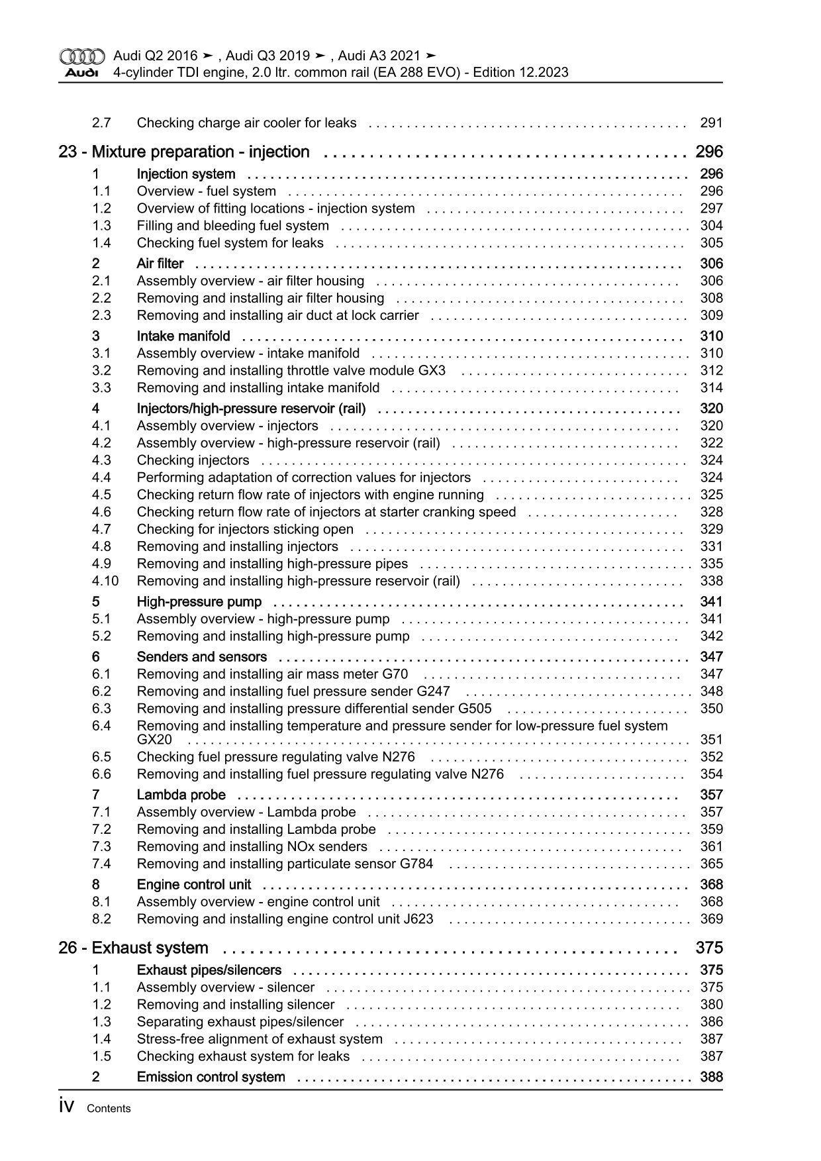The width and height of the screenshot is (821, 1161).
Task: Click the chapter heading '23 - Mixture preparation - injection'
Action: point(183,152)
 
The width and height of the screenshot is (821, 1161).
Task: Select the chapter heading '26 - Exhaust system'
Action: point(133,948)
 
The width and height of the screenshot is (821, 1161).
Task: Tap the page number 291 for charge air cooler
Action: point(711,123)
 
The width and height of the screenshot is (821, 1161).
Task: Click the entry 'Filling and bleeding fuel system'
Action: point(232,226)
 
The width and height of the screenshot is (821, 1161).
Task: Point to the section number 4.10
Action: point(105,581)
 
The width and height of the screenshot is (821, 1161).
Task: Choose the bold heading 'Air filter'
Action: point(160,264)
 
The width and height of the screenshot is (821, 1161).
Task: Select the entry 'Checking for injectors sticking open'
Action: point(245,530)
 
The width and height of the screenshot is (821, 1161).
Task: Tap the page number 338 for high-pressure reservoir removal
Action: point(711,581)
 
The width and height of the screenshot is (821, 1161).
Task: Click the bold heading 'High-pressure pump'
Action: point(199,602)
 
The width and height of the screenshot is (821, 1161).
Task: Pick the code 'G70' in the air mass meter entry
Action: point(395,675)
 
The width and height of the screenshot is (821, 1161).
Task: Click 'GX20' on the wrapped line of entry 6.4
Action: point(154,740)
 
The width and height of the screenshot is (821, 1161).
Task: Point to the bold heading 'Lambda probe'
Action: point(181,795)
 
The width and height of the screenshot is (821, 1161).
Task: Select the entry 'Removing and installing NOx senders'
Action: point(252,847)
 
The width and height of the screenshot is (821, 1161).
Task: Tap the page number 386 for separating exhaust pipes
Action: point(711,1022)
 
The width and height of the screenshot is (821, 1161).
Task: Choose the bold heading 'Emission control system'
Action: point(211,1078)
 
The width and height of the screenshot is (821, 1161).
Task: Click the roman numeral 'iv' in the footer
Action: point(66,1107)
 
